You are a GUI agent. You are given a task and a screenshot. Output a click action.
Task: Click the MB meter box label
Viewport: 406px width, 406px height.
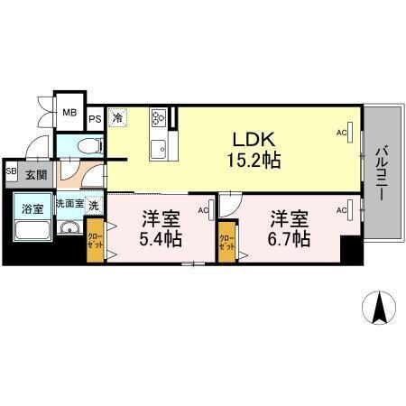69,113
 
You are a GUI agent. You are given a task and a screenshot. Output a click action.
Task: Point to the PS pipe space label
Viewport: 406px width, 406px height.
95,116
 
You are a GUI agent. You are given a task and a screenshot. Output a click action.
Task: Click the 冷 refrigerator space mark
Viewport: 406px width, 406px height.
117,116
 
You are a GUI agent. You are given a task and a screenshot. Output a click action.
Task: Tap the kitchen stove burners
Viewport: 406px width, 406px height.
159,118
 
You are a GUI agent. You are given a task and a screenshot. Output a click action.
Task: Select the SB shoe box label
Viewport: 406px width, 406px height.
11,171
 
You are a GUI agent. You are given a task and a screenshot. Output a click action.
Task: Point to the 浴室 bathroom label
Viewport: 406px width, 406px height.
32,207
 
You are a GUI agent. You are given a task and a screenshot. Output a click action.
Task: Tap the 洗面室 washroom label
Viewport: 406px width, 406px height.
70,204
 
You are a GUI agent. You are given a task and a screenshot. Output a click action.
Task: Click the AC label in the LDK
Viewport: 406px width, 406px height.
342,133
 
